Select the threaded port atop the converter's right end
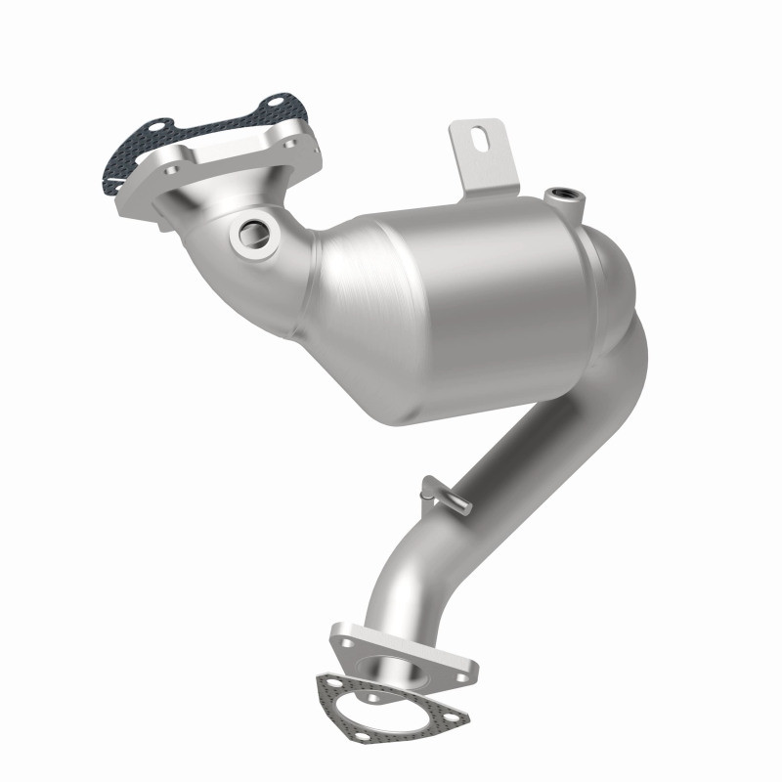point(567,194)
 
